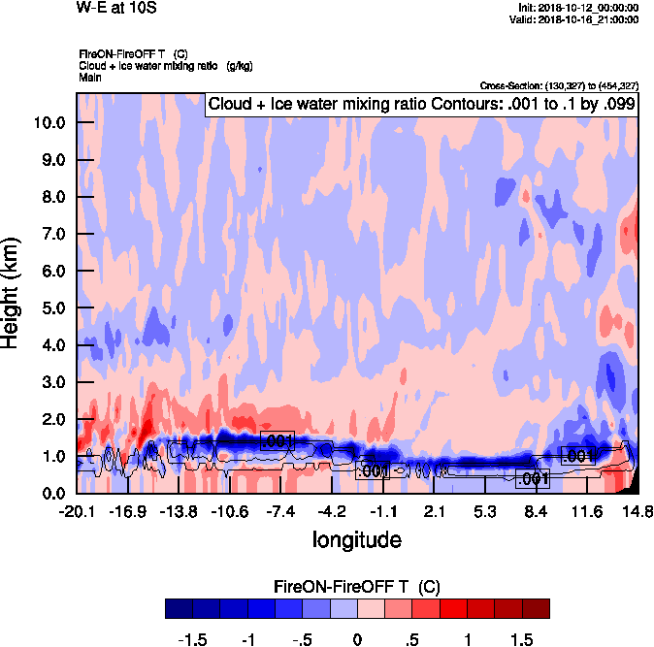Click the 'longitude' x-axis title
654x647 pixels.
(x=356, y=538)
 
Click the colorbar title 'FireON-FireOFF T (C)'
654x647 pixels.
(x=357, y=586)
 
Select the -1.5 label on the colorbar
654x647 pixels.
(x=194, y=640)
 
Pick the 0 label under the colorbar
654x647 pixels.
(x=357, y=640)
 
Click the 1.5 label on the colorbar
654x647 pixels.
(x=521, y=640)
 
